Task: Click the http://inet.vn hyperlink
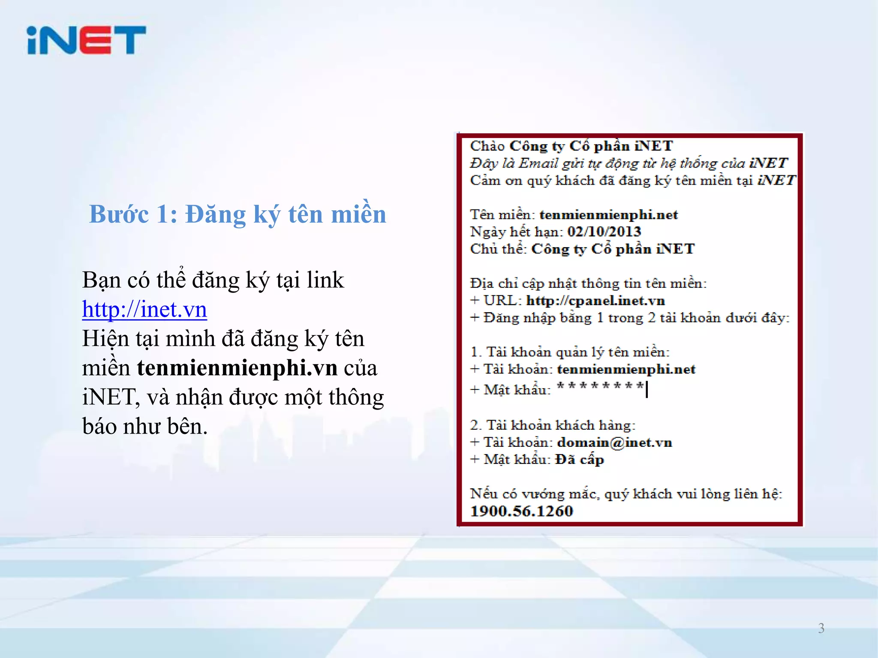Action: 144,309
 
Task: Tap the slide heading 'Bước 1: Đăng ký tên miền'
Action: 238,214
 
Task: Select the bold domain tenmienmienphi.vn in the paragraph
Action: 237,368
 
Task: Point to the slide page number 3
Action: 821,628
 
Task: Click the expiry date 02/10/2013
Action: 604,232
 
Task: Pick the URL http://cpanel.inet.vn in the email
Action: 595,301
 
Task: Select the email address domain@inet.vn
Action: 614,443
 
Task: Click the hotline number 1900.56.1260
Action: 521,511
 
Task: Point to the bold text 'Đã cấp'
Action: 580,460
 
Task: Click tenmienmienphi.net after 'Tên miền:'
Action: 608,215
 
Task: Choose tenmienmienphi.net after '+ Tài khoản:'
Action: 626,369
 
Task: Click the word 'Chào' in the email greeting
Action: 487,146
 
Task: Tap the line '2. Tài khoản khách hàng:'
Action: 553,425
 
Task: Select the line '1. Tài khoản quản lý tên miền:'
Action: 570,352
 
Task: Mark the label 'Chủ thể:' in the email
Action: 498,249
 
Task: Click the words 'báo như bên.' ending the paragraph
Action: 145,427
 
